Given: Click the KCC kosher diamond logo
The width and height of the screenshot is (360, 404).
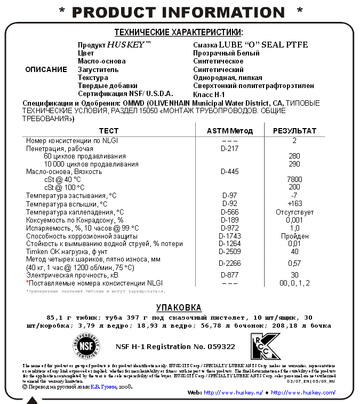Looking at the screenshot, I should pos(265,346).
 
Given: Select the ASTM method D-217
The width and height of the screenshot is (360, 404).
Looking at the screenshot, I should pos(230,148).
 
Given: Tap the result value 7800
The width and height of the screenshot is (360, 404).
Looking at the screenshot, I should pos(294,180).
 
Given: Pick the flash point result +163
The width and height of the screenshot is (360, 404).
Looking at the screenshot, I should pos(294,204).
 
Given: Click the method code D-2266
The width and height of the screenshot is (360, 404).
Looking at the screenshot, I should pos(230,263).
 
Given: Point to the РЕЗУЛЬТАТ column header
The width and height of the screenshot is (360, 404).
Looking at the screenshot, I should pos(294,131).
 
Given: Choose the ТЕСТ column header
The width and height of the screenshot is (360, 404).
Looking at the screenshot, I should pos(109,131).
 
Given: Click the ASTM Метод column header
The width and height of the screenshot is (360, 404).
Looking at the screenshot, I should pos(230,131).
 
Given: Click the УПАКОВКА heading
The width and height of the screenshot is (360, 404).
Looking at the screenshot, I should pos(179,307).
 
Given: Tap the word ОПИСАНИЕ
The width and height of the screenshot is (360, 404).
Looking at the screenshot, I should pos(46,69).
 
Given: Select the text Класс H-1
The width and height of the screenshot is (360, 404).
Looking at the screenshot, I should pos(209,93).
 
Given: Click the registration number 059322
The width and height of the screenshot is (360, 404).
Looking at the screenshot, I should pos(221,346).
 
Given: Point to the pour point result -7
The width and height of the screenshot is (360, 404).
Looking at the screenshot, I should pos(294,196).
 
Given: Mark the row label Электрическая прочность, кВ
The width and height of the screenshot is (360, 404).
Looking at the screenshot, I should pos(72,275).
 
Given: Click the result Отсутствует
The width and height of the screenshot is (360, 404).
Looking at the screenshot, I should pos(294,212).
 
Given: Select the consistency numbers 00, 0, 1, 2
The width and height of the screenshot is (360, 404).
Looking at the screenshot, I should pos(294,283).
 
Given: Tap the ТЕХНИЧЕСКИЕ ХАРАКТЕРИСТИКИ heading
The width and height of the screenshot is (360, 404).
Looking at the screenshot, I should pos(178,33).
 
